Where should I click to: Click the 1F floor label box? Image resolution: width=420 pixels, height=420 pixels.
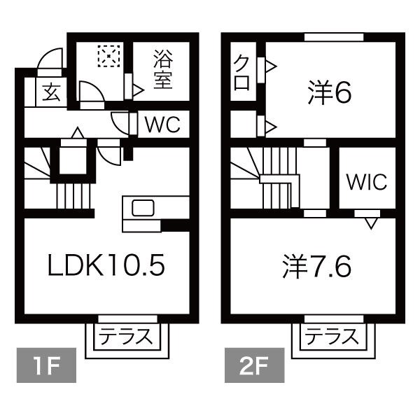click(46, 365)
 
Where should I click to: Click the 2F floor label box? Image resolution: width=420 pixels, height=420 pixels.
click(255, 365)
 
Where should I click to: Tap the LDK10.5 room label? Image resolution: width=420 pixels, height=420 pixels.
click(106, 265)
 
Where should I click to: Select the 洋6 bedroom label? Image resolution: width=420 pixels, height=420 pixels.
click(329, 92)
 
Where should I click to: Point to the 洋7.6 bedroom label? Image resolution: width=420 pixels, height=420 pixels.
click(316, 266)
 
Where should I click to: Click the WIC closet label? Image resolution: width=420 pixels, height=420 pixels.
click(367, 181)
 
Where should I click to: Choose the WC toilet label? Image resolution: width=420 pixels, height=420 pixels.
click(162, 125)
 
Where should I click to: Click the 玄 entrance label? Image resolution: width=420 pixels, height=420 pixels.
click(51, 92)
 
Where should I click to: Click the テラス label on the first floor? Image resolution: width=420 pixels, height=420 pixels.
click(125, 337)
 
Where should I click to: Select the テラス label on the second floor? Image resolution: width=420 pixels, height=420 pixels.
click(332, 337)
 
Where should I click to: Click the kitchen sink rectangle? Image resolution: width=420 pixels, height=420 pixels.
click(143, 208)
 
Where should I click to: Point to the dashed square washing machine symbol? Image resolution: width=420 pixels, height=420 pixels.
click(108, 56)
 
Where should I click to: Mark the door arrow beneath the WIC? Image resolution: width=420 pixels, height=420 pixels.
click(371, 223)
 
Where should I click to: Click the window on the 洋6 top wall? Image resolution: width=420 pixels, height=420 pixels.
click(334, 37)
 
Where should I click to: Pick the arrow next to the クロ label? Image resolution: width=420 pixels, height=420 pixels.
click(271, 66)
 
